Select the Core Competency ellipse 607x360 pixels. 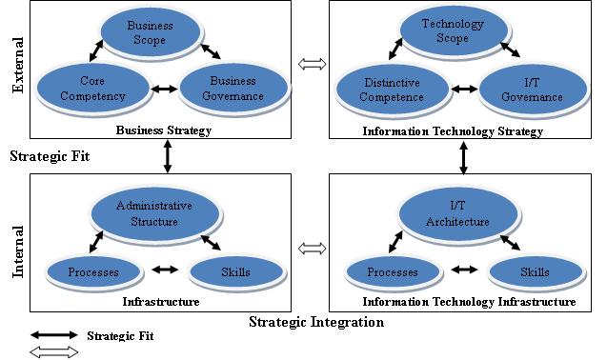click(x=92, y=89)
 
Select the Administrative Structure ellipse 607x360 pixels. click(x=153, y=214)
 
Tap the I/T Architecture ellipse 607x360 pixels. click(x=455, y=215)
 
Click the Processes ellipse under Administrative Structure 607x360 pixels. click(x=92, y=272)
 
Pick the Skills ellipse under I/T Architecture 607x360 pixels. click(x=534, y=272)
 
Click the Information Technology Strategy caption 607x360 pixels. click(x=453, y=131)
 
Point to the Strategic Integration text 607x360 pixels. click(x=316, y=322)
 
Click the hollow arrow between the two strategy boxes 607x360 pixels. click(x=312, y=65)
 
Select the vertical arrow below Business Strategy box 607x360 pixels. click(x=168, y=156)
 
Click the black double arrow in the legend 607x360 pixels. click(x=54, y=335)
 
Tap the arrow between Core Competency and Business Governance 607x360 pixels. click(x=166, y=90)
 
